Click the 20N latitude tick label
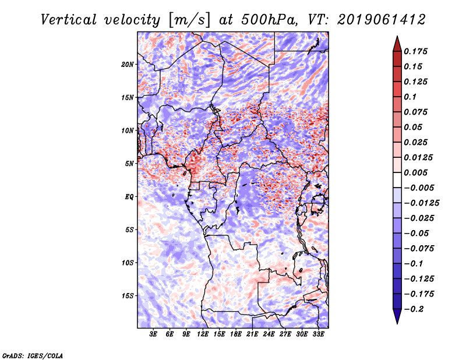click(x=128, y=64)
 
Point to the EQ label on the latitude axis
click(x=129, y=197)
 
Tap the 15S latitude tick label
click(x=128, y=296)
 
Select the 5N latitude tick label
click(x=129, y=164)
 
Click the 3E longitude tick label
click(x=154, y=335)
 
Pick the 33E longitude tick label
click(x=318, y=335)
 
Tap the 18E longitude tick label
click(x=236, y=335)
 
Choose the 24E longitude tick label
click(x=269, y=335)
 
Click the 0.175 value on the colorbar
click(x=416, y=51)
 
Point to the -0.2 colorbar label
click(x=415, y=309)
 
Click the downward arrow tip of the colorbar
click(x=397, y=322)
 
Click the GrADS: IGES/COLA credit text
click(x=32, y=355)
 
